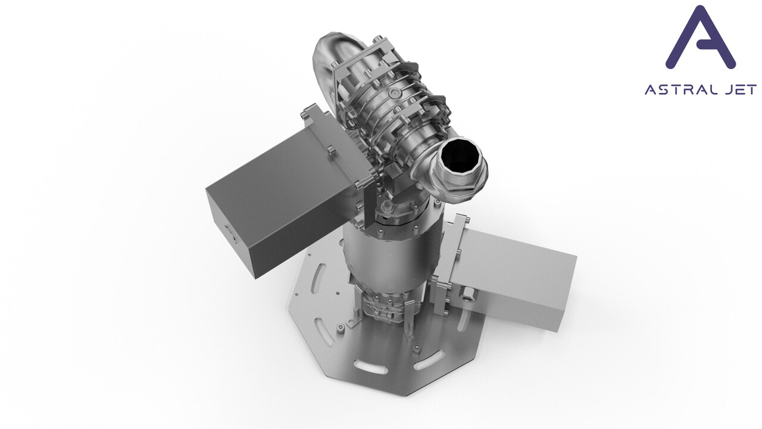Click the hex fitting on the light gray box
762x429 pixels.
468,295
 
